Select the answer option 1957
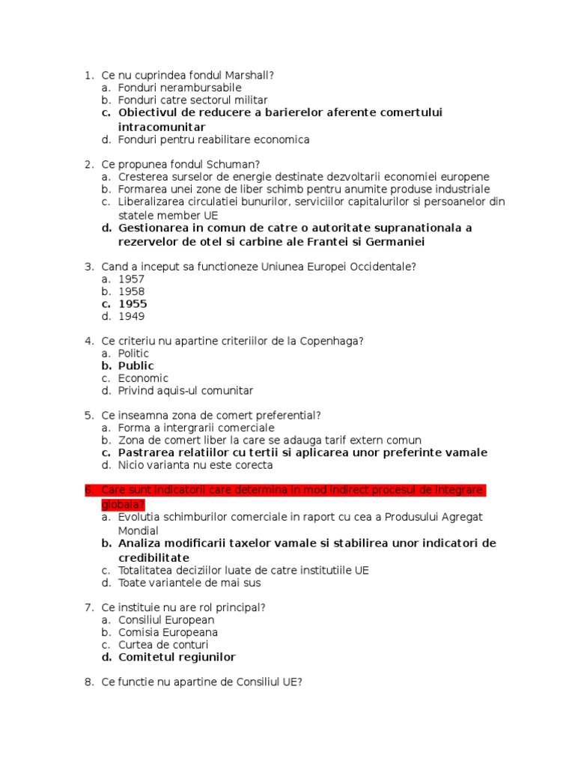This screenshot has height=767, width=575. click(131, 279)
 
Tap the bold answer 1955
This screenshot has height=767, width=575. click(133, 304)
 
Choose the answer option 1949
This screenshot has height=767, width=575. click(131, 316)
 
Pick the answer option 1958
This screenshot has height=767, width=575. click(131, 291)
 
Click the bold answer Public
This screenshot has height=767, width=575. click(136, 366)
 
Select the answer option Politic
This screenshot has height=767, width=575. click(133, 353)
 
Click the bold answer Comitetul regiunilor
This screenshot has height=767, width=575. click(177, 657)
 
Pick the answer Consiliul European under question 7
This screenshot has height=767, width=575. click(165, 619)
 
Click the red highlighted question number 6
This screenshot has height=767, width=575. click(88, 490)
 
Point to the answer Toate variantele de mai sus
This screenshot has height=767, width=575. click(189, 583)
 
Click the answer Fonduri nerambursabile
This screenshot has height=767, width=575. click(180, 88)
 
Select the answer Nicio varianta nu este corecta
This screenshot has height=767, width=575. click(195, 465)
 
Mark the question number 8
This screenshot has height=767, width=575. click(88, 682)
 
